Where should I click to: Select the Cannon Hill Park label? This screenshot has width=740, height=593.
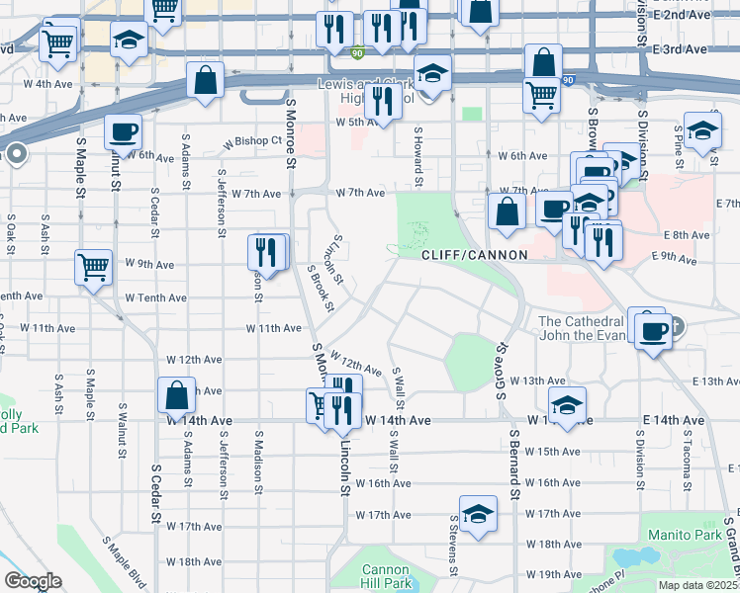point(386,576)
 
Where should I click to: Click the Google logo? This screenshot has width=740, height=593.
point(33,581)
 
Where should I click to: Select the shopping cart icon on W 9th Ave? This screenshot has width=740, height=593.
point(93,265)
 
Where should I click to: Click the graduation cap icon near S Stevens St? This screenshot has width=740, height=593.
point(478,513)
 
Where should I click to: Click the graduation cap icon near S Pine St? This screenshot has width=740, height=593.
point(702,130)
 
